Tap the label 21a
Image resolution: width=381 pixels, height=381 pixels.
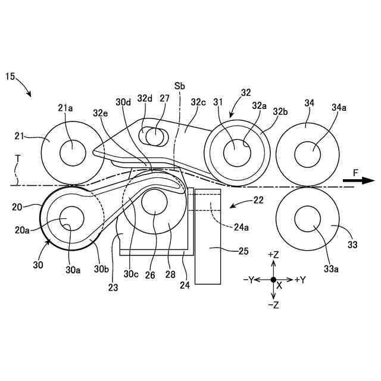pyautogui.click(x=66, y=108)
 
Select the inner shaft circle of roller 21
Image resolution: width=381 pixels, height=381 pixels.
pyautogui.click(x=72, y=152)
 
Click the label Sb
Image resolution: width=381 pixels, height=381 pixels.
pyautogui.click(x=180, y=86)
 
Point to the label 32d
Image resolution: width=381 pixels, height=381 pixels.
pyautogui.click(x=145, y=99)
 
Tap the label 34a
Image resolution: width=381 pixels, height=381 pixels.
pyautogui.click(x=339, y=108)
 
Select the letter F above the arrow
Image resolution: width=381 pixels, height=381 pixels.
pyautogui.click(x=356, y=172)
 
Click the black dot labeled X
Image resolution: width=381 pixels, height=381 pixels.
pyautogui.click(x=273, y=279)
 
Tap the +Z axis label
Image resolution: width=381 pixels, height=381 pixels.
pyautogui.click(x=274, y=254)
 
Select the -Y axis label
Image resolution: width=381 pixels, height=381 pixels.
pyautogui.click(x=248, y=279)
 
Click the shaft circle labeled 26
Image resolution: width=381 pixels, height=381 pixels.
pyautogui.click(x=154, y=201)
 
